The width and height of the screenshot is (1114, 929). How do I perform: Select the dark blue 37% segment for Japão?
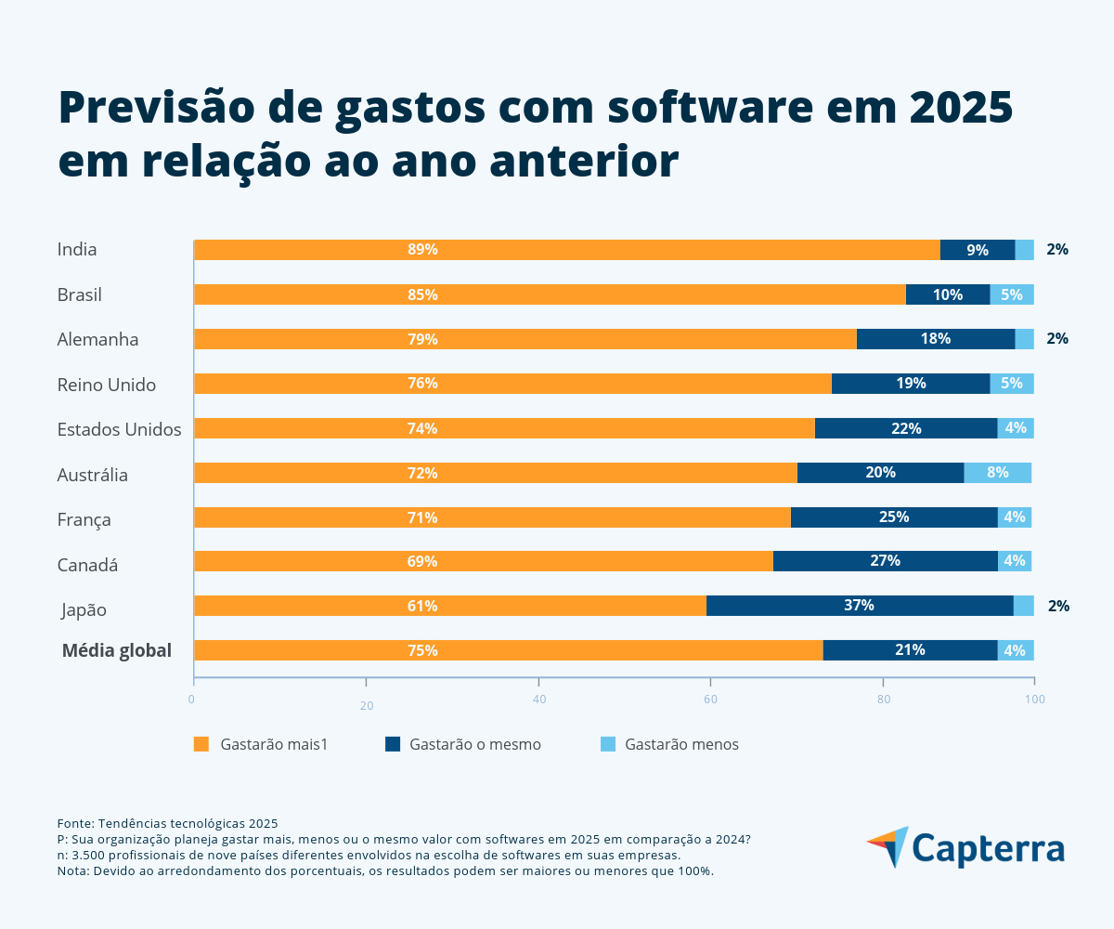tap(859, 606)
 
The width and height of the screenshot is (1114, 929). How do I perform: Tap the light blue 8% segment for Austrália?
tap(997, 473)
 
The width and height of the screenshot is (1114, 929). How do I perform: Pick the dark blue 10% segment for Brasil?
tap(947, 294)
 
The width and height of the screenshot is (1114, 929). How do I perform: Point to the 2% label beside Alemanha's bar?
tap(1056, 339)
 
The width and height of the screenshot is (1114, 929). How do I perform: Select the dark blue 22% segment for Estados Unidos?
tap(905, 428)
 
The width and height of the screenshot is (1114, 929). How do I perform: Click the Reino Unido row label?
tap(106, 385)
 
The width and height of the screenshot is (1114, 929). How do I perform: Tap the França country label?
tap(84, 519)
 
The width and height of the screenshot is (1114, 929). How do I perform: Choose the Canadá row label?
tap(87, 565)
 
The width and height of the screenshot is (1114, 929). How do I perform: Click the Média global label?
tap(117, 650)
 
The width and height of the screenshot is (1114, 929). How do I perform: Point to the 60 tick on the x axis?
tap(710, 699)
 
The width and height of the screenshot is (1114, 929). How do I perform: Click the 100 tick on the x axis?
tap(1035, 699)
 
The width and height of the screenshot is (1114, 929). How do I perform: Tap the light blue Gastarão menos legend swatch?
tap(608, 744)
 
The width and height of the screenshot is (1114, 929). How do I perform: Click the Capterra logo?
tap(965, 848)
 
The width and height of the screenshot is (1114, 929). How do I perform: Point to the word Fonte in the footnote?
tap(74, 823)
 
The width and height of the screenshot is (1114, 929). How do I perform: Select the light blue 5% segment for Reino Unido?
tap(1011, 384)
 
